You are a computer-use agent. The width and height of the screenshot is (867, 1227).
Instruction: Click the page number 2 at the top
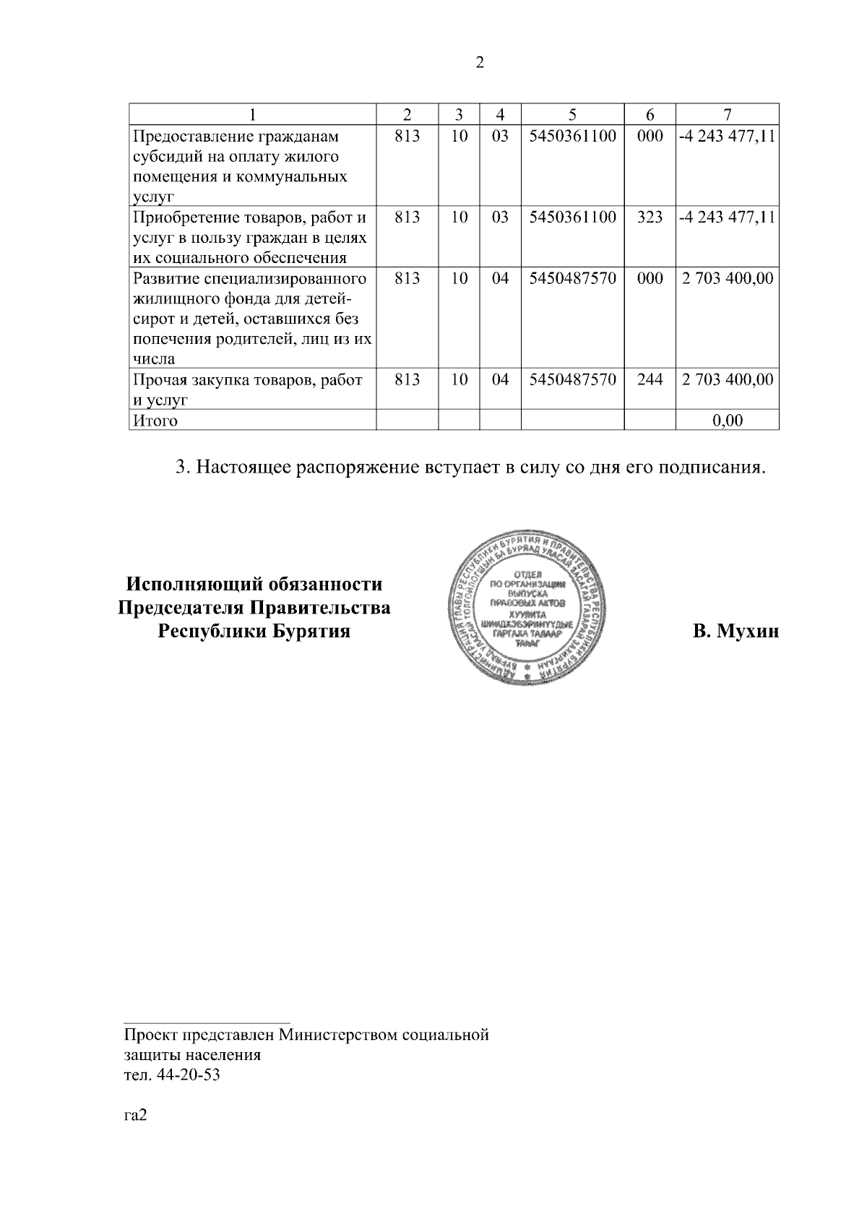coord(480,63)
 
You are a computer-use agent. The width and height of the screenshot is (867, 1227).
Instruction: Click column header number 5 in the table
coord(572,114)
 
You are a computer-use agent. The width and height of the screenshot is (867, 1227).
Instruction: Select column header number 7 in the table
coord(727,114)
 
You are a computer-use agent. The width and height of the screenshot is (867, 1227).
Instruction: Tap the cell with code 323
coord(650,217)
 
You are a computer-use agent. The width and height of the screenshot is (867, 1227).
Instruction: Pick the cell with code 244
coord(650,379)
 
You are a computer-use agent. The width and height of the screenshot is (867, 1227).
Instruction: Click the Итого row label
coord(154,421)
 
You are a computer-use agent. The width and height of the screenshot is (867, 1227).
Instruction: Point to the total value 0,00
coord(727,421)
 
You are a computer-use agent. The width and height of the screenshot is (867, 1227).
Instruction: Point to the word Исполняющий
coord(191,584)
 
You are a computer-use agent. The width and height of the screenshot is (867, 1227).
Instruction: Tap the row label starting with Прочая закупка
coord(248,389)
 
